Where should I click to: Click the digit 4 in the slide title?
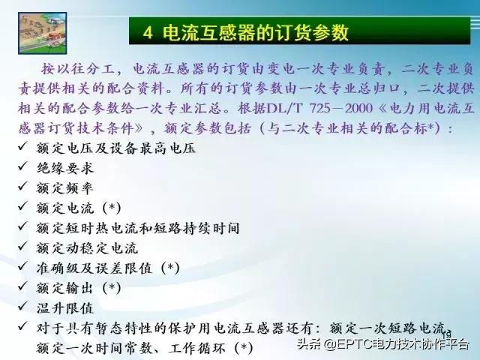click(148, 31)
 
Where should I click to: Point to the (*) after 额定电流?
click(109, 208)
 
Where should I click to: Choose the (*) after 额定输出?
click(109, 287)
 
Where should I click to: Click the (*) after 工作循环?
click(243, 347)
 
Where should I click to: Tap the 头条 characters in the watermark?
click(309, 344)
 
